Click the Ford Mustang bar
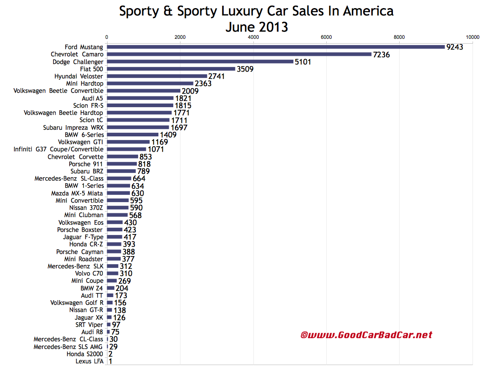275,47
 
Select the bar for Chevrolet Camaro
239,54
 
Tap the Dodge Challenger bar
200,62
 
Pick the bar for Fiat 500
171,69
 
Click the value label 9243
454,47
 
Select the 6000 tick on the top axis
326,37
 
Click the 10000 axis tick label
472,37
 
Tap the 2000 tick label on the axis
180,37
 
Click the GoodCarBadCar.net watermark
366,335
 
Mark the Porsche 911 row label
86,164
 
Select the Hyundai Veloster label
79,76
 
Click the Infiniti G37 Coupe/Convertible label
59,149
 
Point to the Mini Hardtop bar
150,84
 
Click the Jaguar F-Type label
83,237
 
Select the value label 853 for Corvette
146,157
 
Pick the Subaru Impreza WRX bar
138,127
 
